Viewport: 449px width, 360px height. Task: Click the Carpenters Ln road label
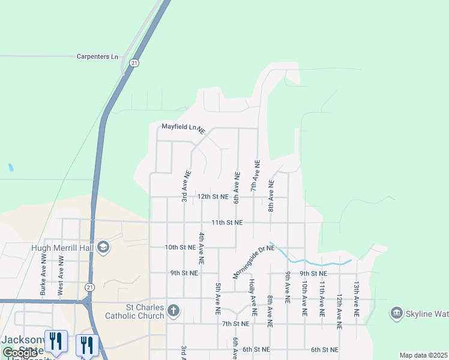(97, 56)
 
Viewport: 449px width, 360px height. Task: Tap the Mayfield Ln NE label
(183, 127)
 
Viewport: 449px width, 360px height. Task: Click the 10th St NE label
(180, 247)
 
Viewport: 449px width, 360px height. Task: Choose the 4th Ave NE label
(202, 249)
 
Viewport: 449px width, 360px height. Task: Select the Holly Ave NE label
(253, 298)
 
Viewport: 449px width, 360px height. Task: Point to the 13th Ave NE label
(357, 299)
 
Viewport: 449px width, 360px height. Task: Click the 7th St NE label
(235, 324)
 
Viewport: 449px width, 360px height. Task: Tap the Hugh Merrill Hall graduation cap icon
(103, 247)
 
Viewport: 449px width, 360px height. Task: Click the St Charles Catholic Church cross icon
(173, 311)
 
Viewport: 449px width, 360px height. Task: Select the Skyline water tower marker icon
(396, 313)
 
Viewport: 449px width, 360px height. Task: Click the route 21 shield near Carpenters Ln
(134, 62)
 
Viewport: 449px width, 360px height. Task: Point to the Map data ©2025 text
(423, 355)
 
